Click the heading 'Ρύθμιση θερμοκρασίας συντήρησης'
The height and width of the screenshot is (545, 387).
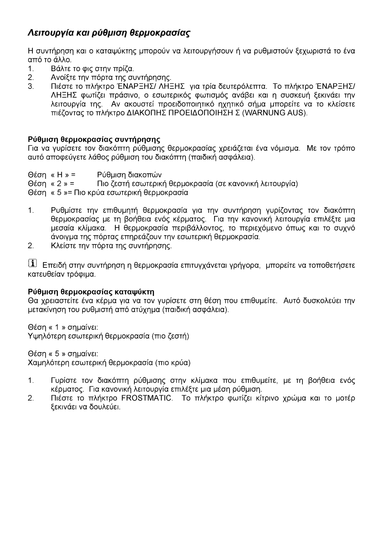(x=94, y=140)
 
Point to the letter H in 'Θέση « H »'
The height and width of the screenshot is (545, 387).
(x=59, y=175)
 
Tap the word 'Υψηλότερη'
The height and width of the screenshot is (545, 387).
(x=43, y=336)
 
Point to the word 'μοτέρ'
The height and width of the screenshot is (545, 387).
(x=344, y=398)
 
